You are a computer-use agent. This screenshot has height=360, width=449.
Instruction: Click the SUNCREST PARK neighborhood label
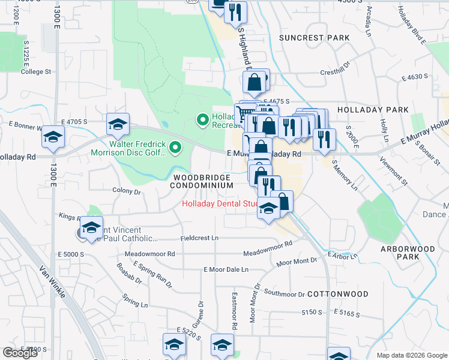point(314,38)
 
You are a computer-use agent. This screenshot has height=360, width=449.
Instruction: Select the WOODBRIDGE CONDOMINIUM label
point(201,182)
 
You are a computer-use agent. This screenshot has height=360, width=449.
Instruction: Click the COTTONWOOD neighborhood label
point(337,295)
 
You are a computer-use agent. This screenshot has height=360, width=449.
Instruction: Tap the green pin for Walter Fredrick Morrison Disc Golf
point(175,147)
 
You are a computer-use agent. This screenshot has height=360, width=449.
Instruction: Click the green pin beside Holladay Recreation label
point(203,121)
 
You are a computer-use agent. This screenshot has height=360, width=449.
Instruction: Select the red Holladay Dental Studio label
point(220,204)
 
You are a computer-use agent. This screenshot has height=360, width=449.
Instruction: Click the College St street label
point(35,71)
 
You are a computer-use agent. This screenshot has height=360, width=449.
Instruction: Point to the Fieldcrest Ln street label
point(199,238)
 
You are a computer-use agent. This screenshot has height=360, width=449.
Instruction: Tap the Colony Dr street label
point(126,192)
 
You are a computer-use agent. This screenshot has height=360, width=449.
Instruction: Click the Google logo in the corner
point(20,352)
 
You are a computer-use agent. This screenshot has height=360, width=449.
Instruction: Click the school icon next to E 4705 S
point(118,124)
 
